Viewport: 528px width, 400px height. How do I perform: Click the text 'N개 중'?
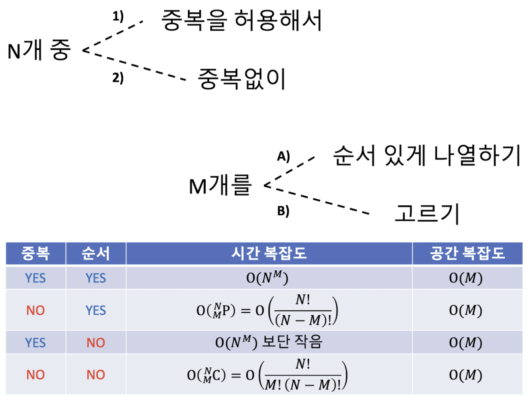[39, 50]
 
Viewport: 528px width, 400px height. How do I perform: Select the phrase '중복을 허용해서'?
[241, 20]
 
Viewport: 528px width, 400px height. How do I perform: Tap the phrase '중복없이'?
[241, 79]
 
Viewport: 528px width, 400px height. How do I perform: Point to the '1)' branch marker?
[118, 17]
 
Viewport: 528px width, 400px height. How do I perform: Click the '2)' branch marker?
[118, 78]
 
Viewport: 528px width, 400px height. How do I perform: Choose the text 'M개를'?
[220, 185]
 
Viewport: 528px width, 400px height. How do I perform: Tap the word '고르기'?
[427, 213]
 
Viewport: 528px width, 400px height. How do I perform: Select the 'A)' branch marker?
[283, 156]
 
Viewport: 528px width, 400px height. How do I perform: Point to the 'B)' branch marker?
[283, 211]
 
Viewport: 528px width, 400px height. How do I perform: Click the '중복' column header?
[36, 253]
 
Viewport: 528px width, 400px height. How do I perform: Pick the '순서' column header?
[95, 253]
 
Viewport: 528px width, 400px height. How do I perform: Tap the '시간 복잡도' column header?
[269, 253]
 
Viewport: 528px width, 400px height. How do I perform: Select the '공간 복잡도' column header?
[467, 253]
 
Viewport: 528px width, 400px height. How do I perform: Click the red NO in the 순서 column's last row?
[96, 374]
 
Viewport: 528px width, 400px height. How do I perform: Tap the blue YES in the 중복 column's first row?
[35, 278]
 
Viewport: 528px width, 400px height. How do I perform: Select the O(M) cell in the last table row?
[466, 375]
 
